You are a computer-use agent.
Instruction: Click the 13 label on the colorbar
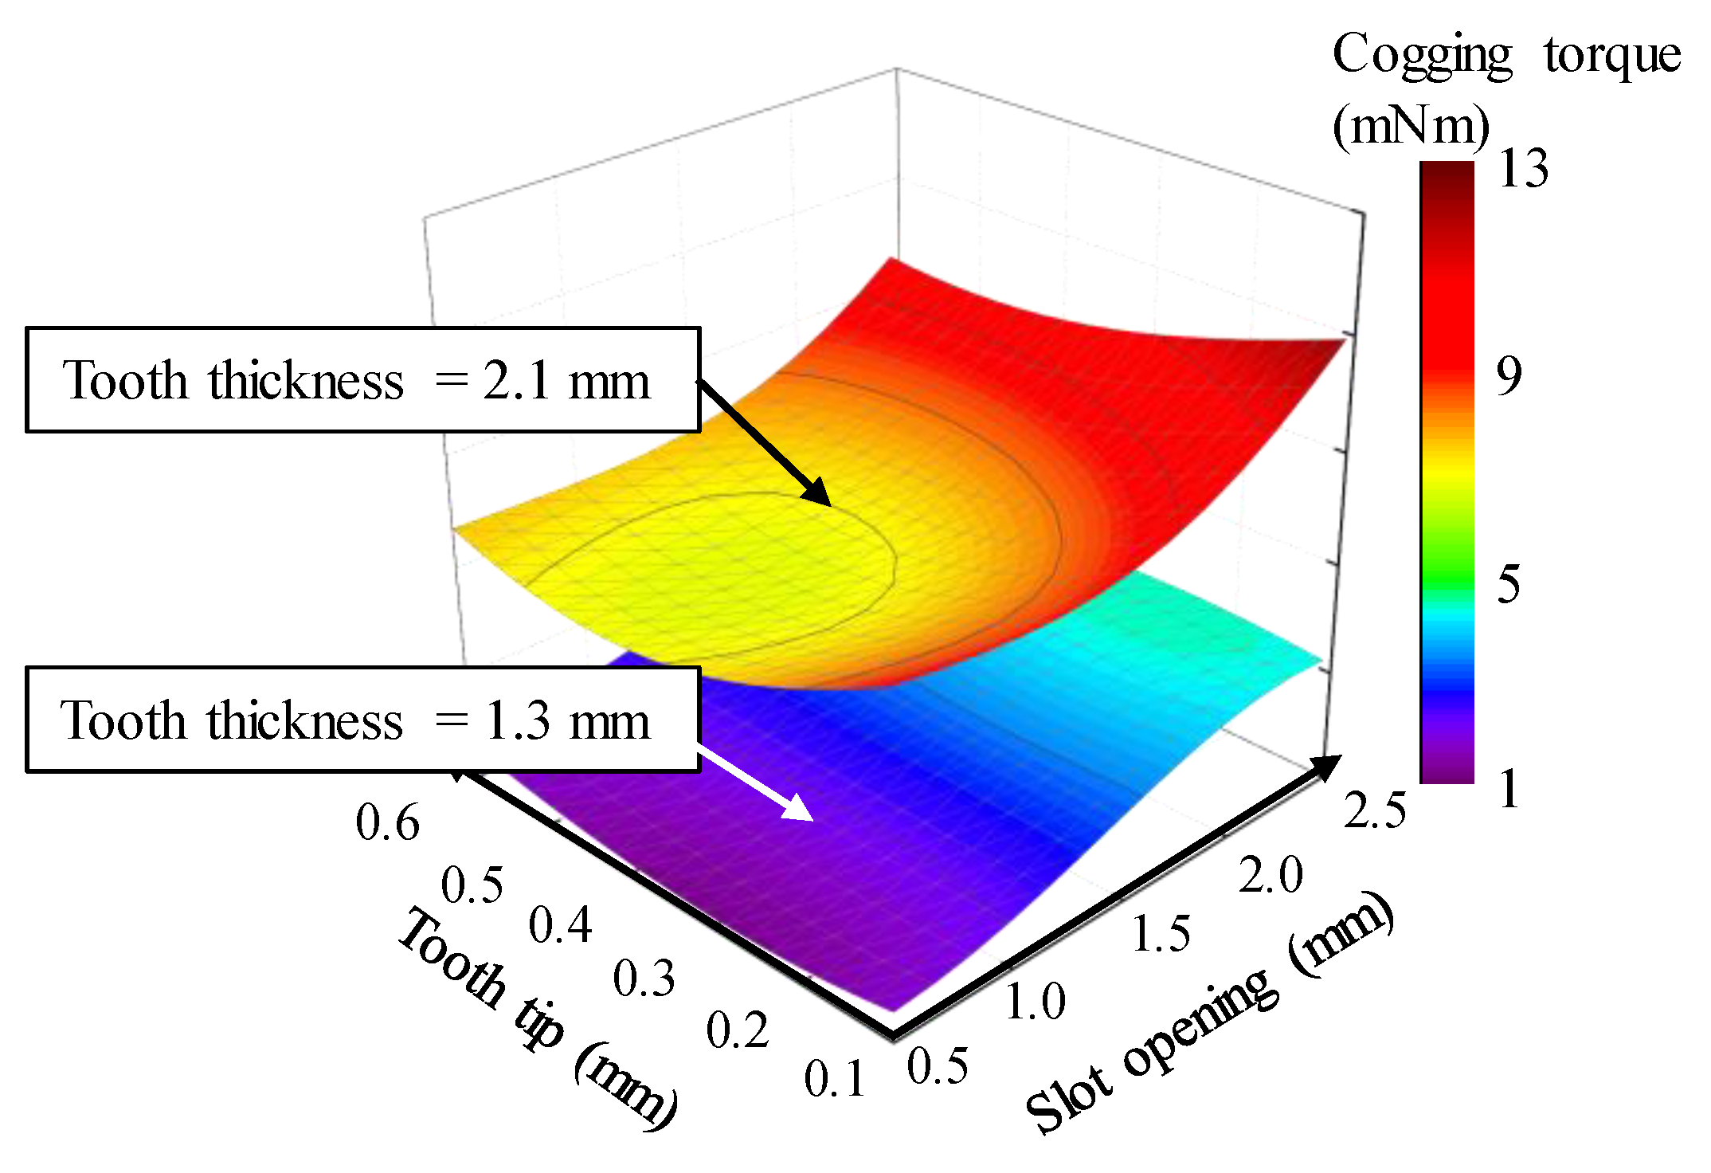(x=1522, y=169)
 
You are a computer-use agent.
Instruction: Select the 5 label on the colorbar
(x=1509, y=583)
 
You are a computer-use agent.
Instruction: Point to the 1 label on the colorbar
(x=1509, y=790)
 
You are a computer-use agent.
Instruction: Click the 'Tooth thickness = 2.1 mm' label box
(x=362, y=380)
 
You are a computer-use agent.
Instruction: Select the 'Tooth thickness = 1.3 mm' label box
(x=362, y=720)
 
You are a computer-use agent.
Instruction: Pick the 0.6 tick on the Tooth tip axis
(x=387, y=822)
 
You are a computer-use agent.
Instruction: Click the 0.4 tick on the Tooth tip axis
(x=560, y=926)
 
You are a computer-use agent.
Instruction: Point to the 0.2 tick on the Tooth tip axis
(x=737, y=1030)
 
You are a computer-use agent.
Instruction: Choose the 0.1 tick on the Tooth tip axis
(x=834, y=1080)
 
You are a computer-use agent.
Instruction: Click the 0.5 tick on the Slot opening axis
(x=938, y=1066)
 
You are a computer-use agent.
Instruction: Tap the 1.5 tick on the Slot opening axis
(x=1161, y=933)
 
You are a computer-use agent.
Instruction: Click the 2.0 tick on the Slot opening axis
(x=1270, y=874)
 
